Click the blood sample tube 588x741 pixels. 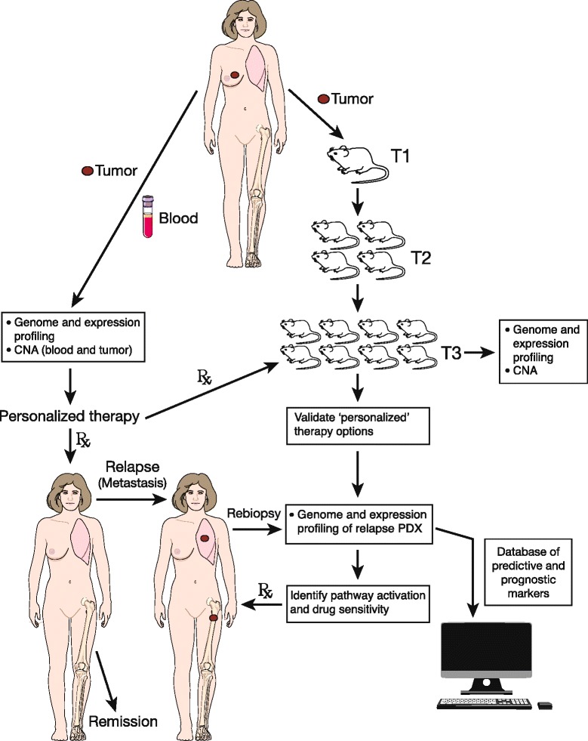pos(149,218)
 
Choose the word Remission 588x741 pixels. pos(124,721)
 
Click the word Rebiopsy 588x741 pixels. pos(254,513)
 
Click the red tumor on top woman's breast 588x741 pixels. pos(235,75)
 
